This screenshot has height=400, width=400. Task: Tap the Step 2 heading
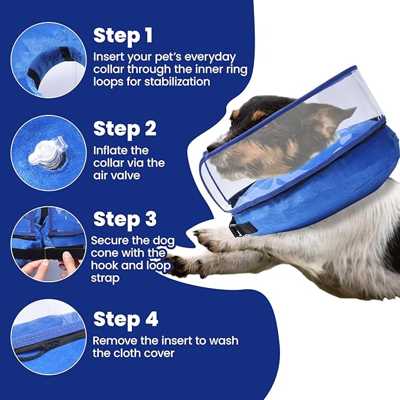click(125, 128)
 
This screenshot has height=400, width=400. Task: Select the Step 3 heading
click(125, 219)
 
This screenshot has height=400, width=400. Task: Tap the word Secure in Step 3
click(109, 241)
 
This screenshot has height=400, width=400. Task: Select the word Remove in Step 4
click(113, 341)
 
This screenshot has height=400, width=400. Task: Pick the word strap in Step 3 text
click(107, 278)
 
